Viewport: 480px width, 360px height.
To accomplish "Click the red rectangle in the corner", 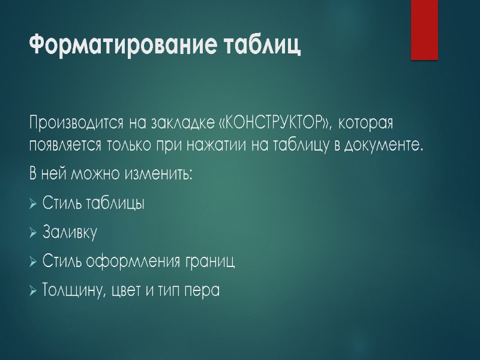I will click(x=424, y=29).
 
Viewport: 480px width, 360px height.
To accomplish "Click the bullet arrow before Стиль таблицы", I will click(x=34, y=203).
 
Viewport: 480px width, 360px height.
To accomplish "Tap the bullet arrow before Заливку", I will click(x=34, y=232).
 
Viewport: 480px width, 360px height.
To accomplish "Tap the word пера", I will click(x=203, y=292).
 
